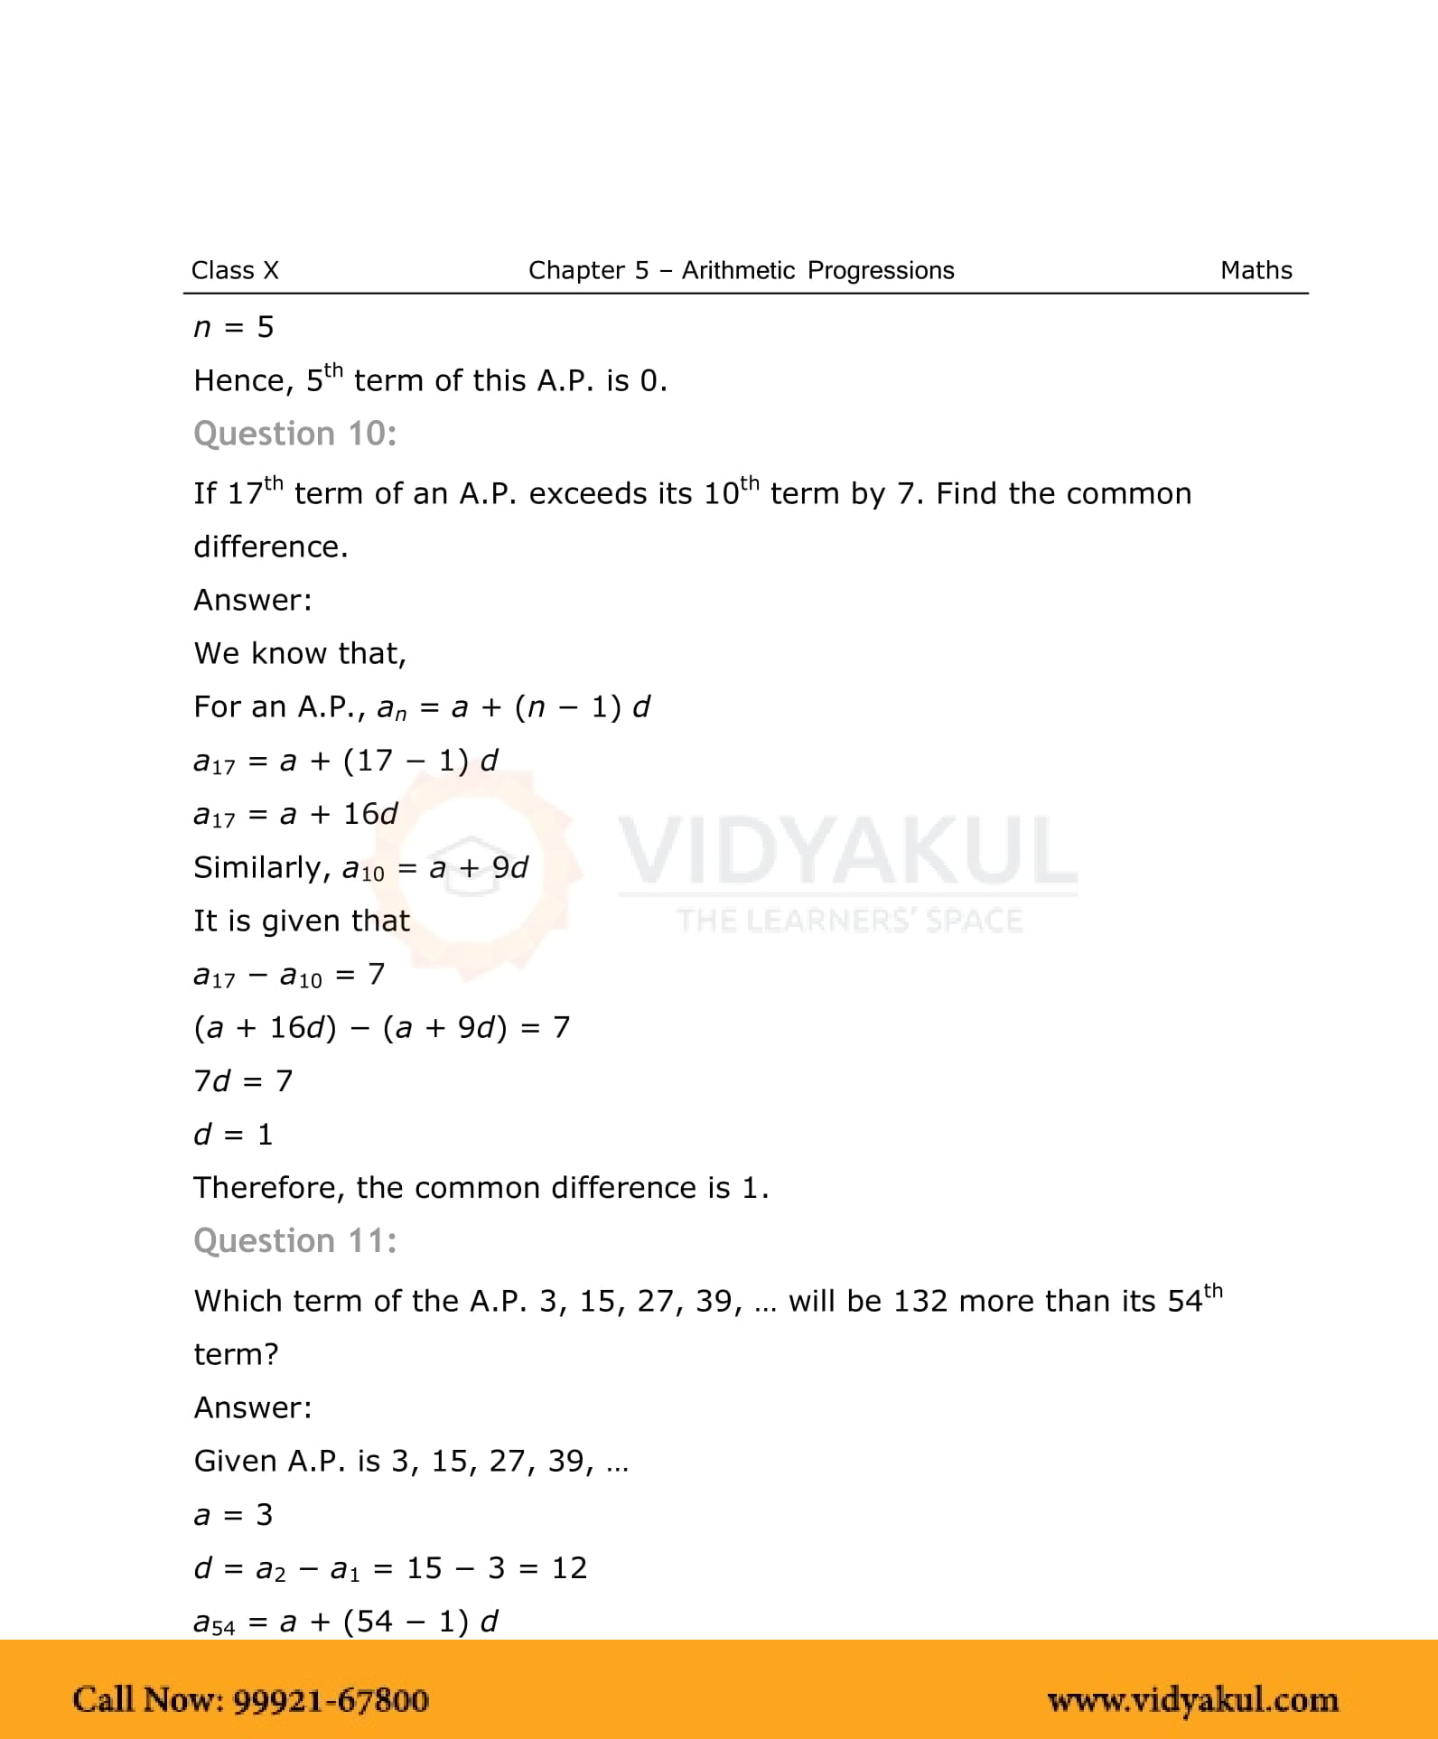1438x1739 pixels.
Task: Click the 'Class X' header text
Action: pos(235,270)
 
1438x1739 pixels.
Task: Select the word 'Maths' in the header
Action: pos(1256,270)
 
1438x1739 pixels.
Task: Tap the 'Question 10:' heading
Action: pos(295,435)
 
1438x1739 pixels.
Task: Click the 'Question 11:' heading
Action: pos(295,1241)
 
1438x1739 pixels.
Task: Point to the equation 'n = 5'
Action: pos(233,327)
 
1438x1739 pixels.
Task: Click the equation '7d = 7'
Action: pos(243,1080)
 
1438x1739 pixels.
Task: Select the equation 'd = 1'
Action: pos(233,1134)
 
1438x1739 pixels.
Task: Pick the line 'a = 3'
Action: pos(233,1515)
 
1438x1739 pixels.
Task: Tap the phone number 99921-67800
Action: pos(331,1700)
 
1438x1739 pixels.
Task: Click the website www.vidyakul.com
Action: pos(1192,1700)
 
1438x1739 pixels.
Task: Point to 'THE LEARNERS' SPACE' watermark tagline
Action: pos(849,921)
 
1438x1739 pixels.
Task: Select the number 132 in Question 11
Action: pos(920,1301)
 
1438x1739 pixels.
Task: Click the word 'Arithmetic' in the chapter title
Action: pos(738,270)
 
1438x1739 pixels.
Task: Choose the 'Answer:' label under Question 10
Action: pos(253,600)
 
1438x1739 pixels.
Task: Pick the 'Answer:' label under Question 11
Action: pos(253,1407)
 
